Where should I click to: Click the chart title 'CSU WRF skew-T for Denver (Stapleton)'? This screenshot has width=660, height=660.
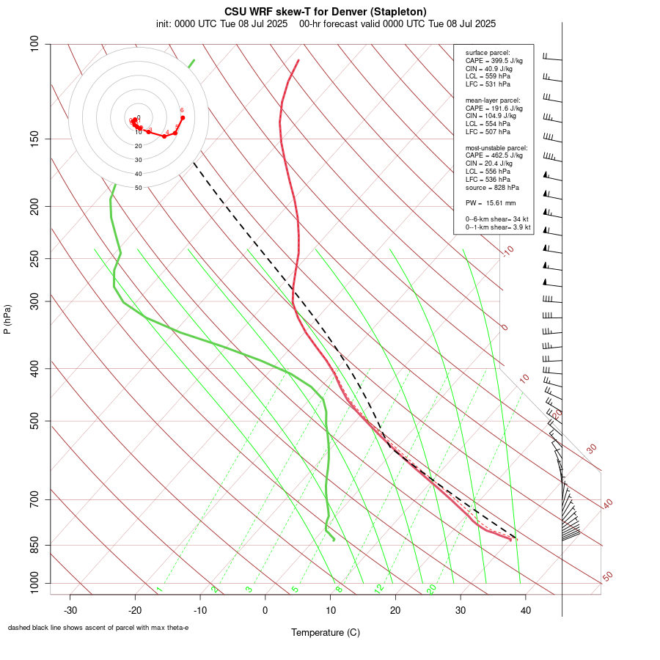point(325,12)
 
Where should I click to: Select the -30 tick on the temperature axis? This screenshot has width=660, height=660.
point(70,610)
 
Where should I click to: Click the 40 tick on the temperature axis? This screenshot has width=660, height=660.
point(526,610)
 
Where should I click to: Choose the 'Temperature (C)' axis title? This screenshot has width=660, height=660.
point(326,632)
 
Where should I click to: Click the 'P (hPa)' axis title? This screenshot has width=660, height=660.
point(7,320)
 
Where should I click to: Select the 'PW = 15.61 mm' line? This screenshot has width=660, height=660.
point(491,202)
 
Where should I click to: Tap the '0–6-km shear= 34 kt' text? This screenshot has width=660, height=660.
point(497,219)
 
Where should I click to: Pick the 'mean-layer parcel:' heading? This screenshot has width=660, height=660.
point(493,100)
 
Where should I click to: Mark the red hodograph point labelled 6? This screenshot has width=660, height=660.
point(183,117)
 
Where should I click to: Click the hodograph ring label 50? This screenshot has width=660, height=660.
point(138,188)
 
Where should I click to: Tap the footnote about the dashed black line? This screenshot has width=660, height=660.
point(98,628)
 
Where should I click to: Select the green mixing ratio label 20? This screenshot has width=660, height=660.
point(432,588)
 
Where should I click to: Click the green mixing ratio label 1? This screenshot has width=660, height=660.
point(158,589)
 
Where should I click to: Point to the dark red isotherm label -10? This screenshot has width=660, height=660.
point(507,252)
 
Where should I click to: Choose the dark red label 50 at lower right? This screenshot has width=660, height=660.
point(607,577)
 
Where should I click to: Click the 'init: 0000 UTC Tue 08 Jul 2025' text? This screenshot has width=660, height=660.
point(223,23)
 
